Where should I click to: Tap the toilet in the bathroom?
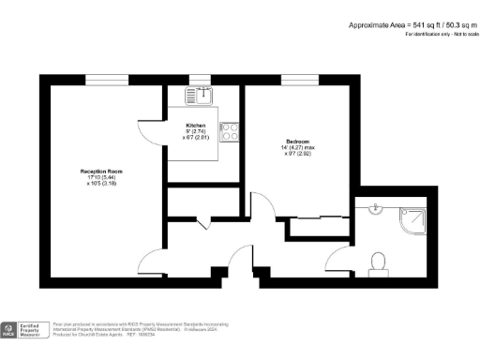click(380, 262)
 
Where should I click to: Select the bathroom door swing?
click(338, 263)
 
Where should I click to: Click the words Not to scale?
click(460, 34)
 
